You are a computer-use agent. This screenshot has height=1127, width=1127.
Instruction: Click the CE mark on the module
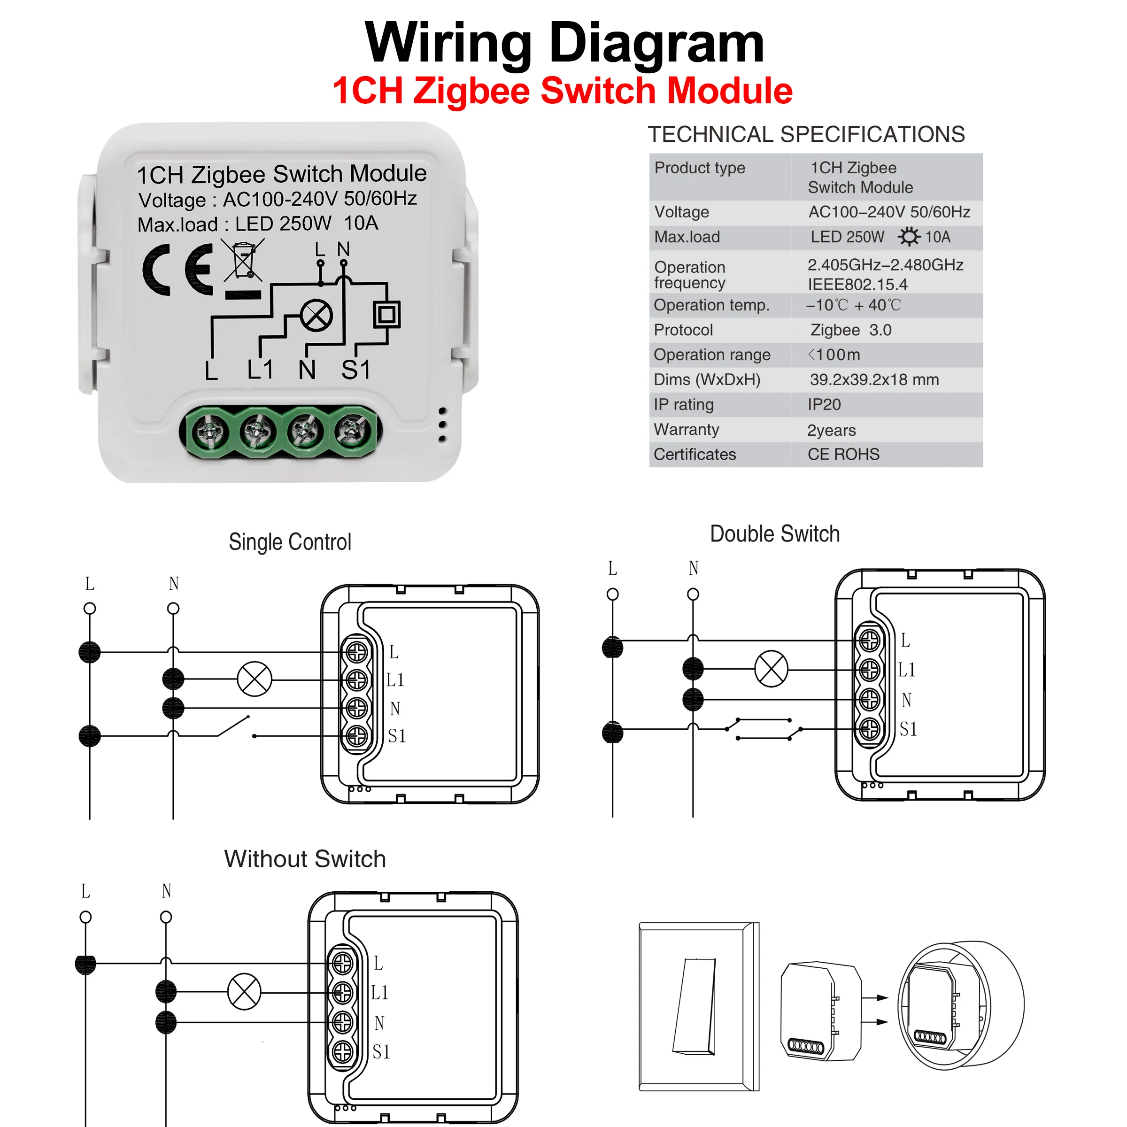tap(178, 270)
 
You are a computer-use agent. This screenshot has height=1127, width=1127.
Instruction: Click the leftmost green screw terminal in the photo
tap(210, 432)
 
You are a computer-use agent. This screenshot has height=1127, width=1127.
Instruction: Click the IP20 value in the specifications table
tap(824, 404)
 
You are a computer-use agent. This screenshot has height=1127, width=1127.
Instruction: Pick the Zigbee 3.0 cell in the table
tap(850, 330)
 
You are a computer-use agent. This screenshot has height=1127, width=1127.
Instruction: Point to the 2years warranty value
tap(831, 430)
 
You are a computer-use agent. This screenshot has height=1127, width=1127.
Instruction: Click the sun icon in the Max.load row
tap(908, 237)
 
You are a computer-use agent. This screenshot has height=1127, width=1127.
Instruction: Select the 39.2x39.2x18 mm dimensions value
tap(874, 380)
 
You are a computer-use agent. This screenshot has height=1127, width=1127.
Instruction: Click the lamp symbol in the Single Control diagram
tap(255, 679)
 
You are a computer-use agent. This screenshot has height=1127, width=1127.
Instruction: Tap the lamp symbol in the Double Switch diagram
tap(771, 669)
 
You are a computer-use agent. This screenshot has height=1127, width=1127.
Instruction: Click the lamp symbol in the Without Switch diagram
tap(244, 991)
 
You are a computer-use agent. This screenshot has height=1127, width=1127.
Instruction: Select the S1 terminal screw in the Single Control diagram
tap(357, 735)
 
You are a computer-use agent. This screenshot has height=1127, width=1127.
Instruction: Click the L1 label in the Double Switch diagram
tap(906, 670)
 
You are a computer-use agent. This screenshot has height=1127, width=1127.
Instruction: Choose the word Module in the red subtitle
tap(729, 91)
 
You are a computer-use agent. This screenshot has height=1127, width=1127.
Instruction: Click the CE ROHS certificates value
tap(843, 455)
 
